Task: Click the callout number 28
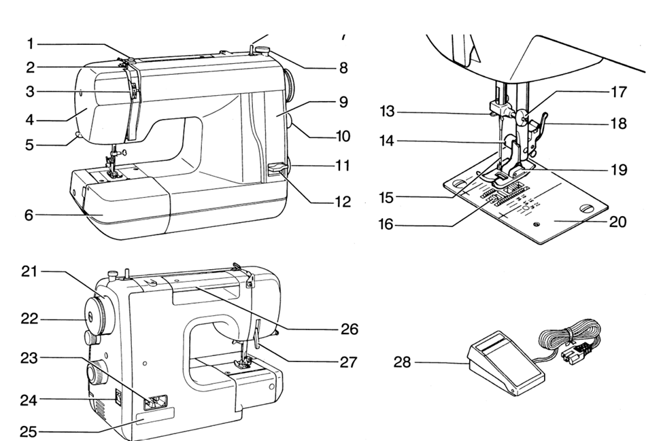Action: point(403,362)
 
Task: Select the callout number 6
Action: point(29,215)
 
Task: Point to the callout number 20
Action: point(617,222)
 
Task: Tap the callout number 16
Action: point(386,224)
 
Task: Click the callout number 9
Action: point(343,102)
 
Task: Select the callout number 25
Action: point(29,431)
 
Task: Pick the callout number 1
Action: point(30,44)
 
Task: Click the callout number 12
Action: point(343,201)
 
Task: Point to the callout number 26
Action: point(349,330)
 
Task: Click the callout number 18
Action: point(618,124)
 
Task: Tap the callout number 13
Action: point(388,111)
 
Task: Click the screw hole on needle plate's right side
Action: point(583,208)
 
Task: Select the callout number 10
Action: point(343,136)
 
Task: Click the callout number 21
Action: point(29,272)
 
